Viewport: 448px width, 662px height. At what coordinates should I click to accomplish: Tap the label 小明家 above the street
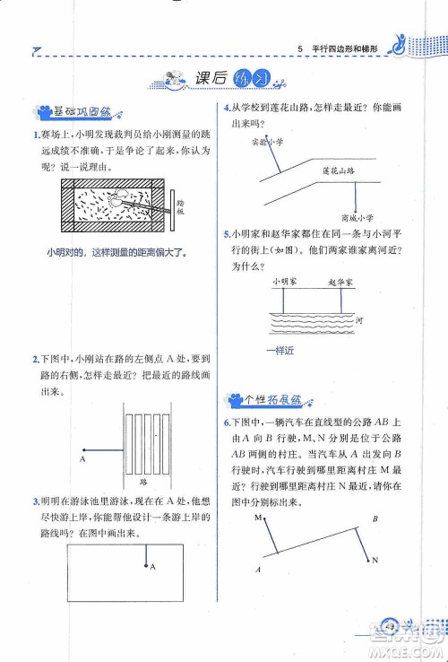point(285,282)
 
